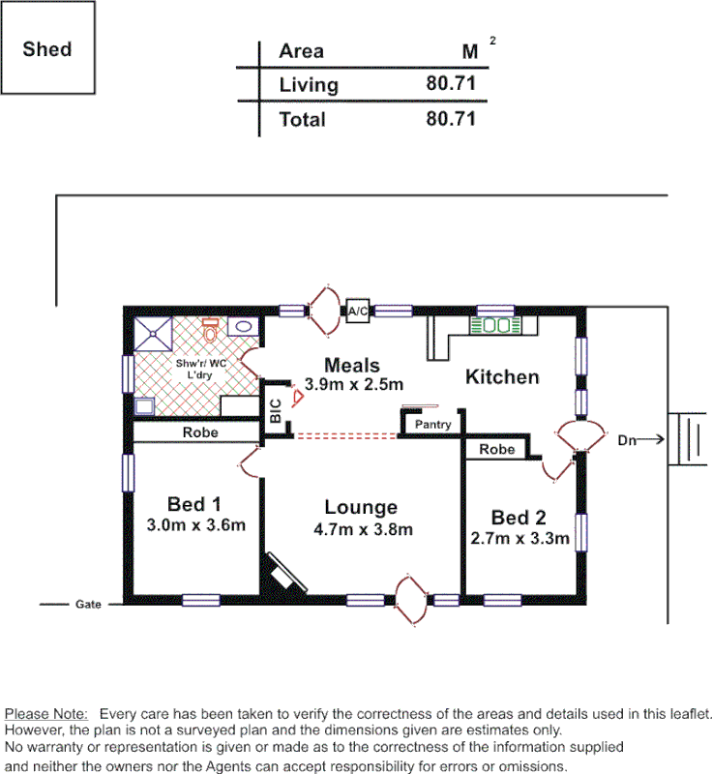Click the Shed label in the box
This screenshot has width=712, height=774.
(x=47, y=48)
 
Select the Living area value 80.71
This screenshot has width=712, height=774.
(x=451, y=84)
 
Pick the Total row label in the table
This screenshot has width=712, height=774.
(x=302, y=120)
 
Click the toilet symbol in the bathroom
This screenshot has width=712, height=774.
(x=211, y=332)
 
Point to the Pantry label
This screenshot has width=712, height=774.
(x=432, y=425)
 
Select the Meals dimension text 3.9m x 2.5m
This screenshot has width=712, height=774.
(x=354, y=385)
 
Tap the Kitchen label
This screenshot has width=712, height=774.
(x=502, y=377)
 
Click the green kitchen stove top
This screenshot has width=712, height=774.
(x=496, y=326)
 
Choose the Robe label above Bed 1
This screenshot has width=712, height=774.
(x=200, y=432)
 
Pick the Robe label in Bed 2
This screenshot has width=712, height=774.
(x=496, y=449)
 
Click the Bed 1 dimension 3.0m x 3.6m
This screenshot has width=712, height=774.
(x=194, y=526)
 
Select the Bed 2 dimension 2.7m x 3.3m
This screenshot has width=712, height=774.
(x=519, y=539)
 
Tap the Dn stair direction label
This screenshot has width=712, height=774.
(x=628, y=440)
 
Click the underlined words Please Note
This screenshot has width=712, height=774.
(x=47, y=712)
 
